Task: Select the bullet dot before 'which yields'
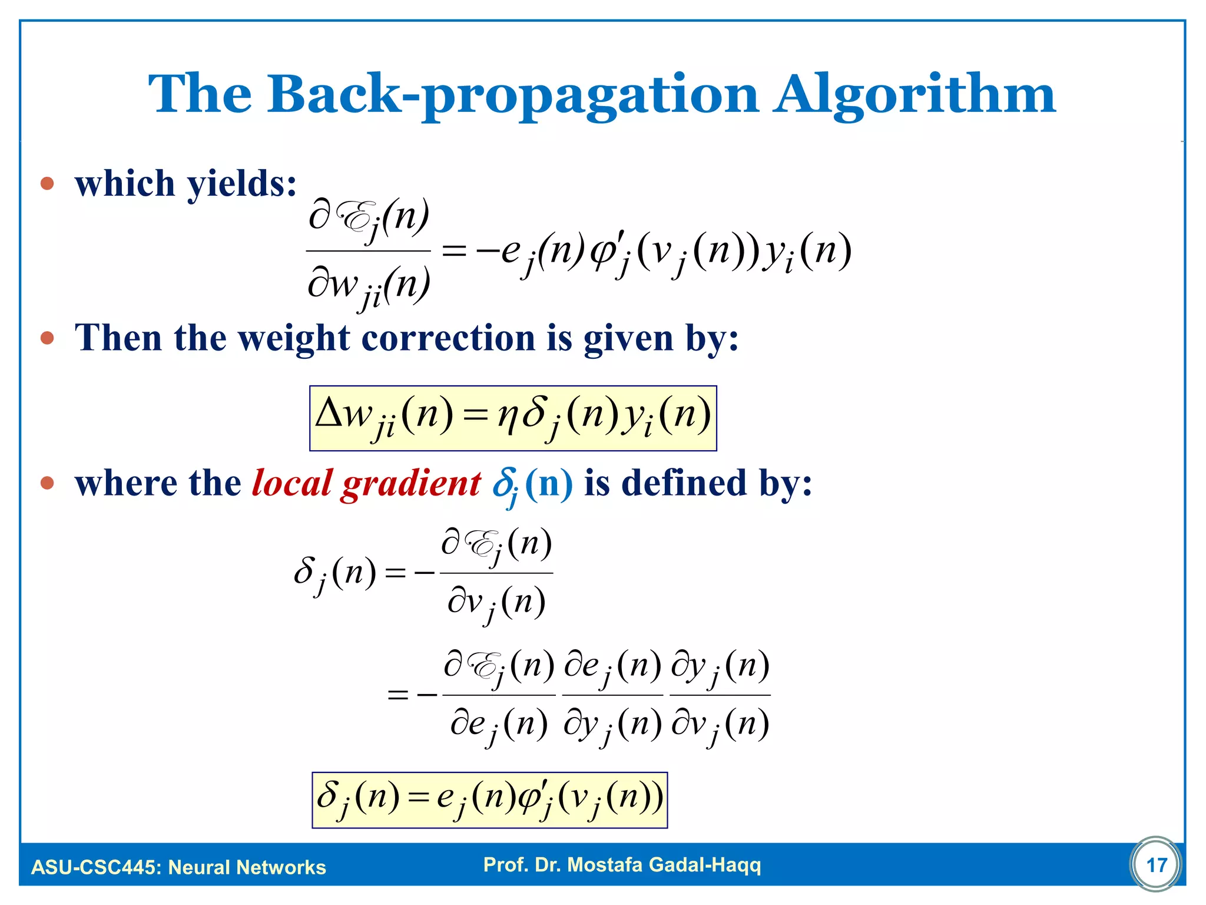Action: [47, 184]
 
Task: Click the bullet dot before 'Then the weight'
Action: [47, 338]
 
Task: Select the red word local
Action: [292, 483]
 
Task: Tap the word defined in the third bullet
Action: [684, 483]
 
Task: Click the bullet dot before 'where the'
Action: [47, 483]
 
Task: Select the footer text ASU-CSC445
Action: [94, 867]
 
